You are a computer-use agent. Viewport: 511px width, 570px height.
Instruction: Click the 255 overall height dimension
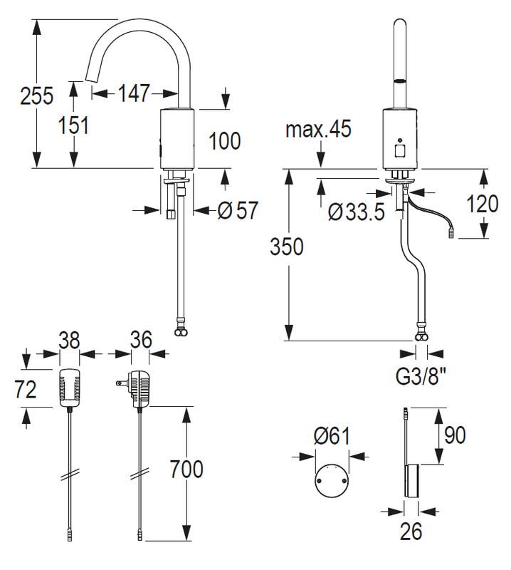click(x=37, y=96)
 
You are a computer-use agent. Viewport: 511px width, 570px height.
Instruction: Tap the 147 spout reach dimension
click(x=134, y=93)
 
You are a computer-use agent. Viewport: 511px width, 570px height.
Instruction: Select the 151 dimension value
click(x=74, y=125)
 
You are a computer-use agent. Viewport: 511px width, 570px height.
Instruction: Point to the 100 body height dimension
click(x=225, y=140)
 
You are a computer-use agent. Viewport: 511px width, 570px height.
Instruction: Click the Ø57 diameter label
click(x=238, y=210)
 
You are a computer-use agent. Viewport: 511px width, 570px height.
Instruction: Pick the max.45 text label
click(x=319, y=129)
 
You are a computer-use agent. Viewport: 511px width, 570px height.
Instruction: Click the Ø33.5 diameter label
click(x=356, y=212)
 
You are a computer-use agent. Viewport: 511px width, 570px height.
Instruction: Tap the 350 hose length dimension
click(x=287, y=247)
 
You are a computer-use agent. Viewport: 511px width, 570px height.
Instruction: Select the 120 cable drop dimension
click(x=483, y=204)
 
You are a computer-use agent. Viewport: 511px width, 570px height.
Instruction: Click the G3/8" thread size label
click(x=421, y=377)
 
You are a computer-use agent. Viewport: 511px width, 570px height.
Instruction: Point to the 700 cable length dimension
click(x=186, y=469)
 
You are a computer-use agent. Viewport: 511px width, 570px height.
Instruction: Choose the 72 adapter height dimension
click(x=26, y=389)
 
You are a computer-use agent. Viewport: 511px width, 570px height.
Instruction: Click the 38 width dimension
click(x=69, y=341)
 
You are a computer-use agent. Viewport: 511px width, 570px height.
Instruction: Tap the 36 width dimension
click(x=141, y=340)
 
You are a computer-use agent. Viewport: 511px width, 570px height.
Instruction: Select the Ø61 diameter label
click(x=332, y=436)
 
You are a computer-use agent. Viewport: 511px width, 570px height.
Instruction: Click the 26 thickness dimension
click(x=411, y=532)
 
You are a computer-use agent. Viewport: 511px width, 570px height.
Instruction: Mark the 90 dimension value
click(x=455, y=435)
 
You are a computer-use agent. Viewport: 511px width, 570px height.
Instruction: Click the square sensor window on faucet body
click(x=400, y=151)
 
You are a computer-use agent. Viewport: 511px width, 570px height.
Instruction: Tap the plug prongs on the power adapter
click(x=121, y=383)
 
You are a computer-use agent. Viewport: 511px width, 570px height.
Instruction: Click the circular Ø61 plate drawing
click(x=332, y=480)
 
